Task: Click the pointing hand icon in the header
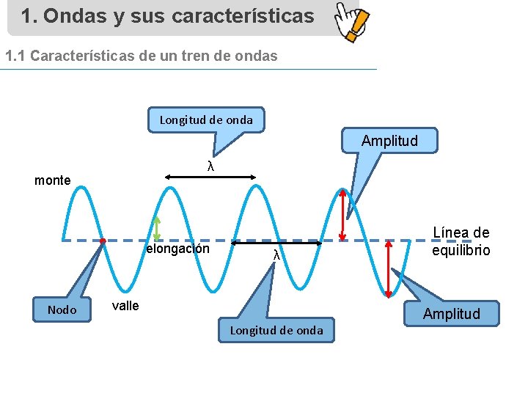[351, 21]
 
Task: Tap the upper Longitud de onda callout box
[206, 120]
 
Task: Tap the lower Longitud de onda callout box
[276, 330]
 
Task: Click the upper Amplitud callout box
[389, 141]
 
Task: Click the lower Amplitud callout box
[451, 314]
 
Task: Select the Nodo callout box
[62, 310]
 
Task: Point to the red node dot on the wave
[103, 241]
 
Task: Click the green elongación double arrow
[157, 229]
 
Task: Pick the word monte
[53, 180]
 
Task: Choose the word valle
[125, 306]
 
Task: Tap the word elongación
[178, 249]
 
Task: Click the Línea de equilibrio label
[461, 241]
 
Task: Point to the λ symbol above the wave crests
[210, 166]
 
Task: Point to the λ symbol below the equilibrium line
[276, 255]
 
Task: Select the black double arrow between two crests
[210, 176]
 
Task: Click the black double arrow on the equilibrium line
[277, 242]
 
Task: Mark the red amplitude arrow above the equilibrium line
[342, 215]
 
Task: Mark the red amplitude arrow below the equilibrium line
[389, 269]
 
